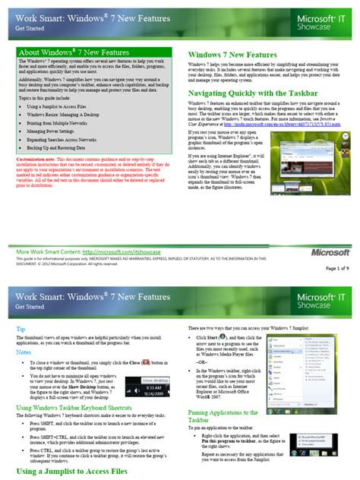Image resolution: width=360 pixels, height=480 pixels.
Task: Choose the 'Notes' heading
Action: (x=24, y=331)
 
